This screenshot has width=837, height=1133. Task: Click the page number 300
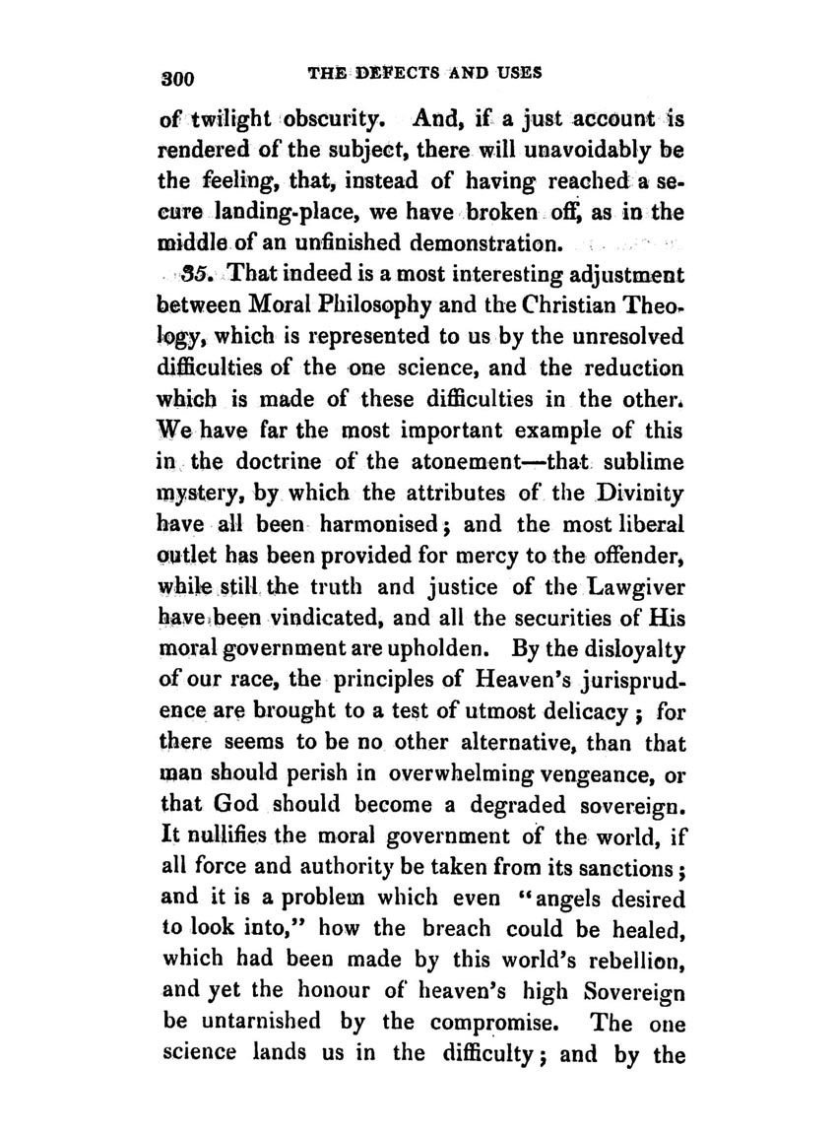pyautogui.click(x=178, y=77)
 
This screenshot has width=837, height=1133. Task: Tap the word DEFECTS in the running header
pyautogui.click(x=390, y=74)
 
